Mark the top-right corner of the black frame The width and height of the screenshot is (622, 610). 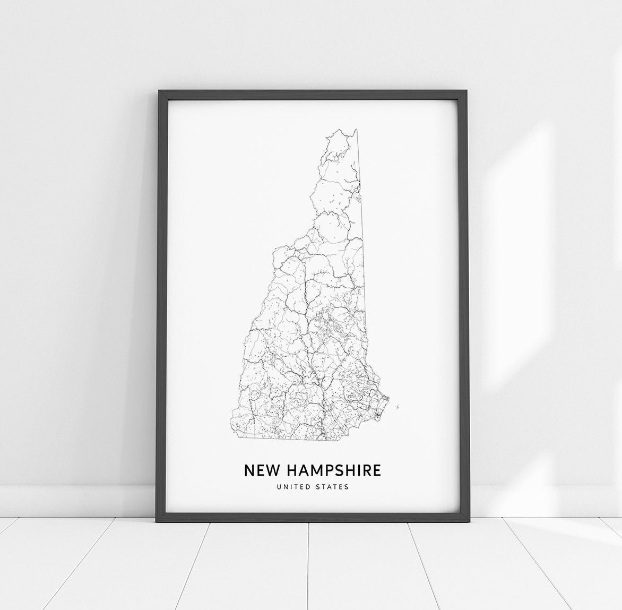pyautogui.click(x=466, y=92)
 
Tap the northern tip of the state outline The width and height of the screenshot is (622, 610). pyautogui.click(x=356, y=129)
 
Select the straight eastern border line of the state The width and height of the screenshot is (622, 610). pyautogui.click(x=362, y=239)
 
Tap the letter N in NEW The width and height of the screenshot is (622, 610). pyautogui.click(x=249, y=470)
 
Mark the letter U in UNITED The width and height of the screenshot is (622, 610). pyautogui.click(x=278, y=486)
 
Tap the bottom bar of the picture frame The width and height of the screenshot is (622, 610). pyautogui.click(x=312, y=517)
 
